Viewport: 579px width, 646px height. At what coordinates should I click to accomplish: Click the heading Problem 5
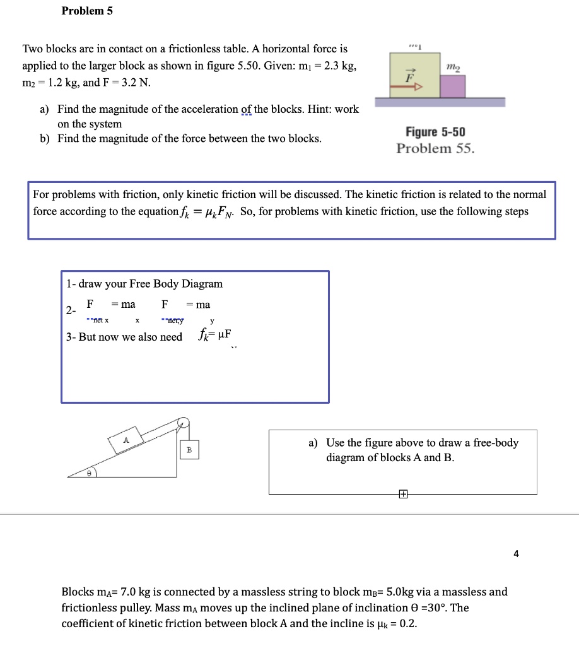pos(87,11)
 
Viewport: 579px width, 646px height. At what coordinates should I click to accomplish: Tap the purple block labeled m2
pos(452,86)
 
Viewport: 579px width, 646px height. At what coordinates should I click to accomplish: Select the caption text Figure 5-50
pos(435,132)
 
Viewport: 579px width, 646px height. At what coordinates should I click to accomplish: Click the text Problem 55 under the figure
pos(435,148)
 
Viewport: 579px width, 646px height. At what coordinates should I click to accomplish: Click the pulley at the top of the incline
pos(183,423)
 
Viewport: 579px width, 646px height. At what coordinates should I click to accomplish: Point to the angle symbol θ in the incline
pos(90,471)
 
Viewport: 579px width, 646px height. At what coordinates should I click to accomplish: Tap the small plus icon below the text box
pos(402,495)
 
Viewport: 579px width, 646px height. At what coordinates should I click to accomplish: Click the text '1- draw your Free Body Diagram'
pos(144,284)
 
